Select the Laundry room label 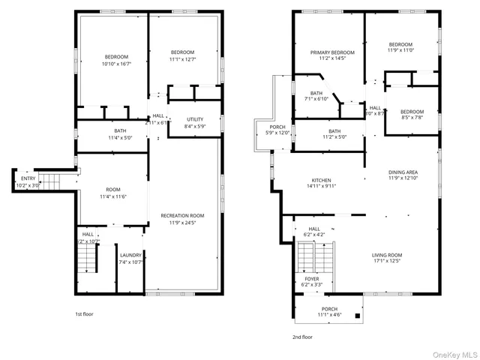130,259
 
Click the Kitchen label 321,184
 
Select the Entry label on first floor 27,181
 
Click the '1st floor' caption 85,314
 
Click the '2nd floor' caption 302,337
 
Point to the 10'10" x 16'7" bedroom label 116,61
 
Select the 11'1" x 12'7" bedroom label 182,55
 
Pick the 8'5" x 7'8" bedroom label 412,114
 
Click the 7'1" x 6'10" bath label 316,96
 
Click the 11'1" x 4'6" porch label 329,312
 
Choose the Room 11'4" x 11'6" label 113,193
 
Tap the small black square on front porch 357,316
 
